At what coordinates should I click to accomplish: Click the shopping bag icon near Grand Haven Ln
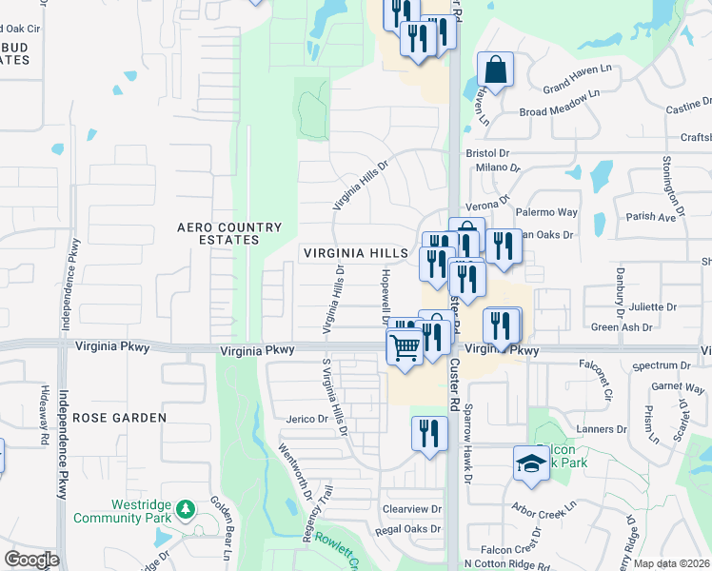496,69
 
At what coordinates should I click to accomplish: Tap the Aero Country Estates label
230,233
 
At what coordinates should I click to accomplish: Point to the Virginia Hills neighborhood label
356,254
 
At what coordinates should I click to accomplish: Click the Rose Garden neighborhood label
119,417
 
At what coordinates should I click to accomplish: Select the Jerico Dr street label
307,419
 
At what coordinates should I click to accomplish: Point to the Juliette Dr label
652,307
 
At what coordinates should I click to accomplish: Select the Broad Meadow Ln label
560,111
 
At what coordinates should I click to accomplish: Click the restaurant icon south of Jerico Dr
429,434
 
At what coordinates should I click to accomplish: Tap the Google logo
31,559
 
